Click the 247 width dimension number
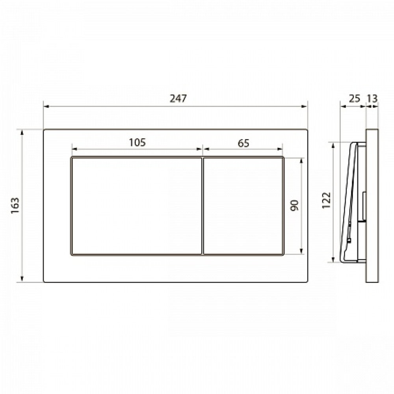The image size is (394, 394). point(178,98)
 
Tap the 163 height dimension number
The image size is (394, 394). point(15,206)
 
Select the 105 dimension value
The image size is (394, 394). point(137,143)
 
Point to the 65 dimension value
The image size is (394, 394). point(243,143)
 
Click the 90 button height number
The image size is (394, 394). point(294,206)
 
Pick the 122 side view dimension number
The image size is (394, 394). point(326,200)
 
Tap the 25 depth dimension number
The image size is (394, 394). point(355,98)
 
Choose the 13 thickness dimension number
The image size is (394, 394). point(372,98)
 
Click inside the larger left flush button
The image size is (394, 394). point(137,206)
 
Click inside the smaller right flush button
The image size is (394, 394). point(243,206)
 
